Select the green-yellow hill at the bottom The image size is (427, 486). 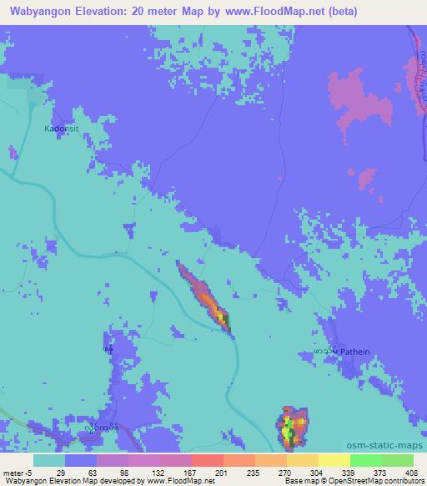pyautogui.click(x=291, y=427)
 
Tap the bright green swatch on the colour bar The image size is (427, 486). pyautogui.click(x=366, y=460)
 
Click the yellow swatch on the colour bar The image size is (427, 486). pyautogui.click(x=334, y=460)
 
